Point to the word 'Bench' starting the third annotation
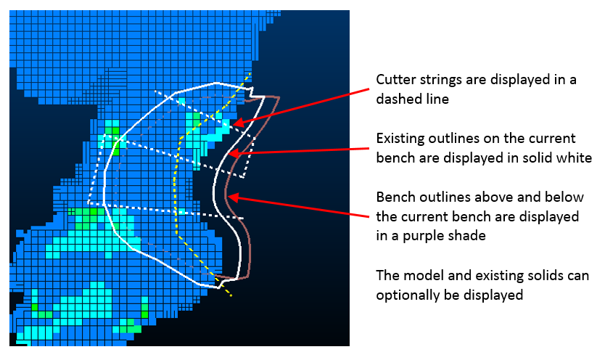(x=395, y=197)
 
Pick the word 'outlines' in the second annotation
(x=456, y=138)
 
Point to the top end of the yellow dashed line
(x=250, y=72)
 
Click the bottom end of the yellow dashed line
(x=231, y=296)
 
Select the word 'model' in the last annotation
(x=419, y=275)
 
